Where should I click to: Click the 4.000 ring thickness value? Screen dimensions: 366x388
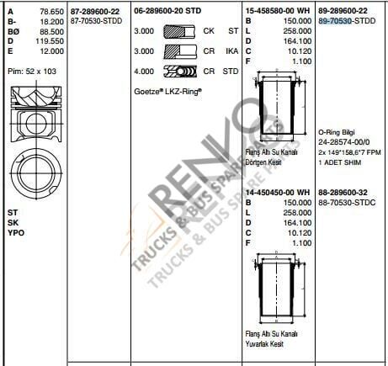tap(145, 72)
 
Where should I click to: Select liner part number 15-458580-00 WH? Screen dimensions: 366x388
tap(279, 11)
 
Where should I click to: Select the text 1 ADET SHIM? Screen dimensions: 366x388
tap(341, 161)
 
